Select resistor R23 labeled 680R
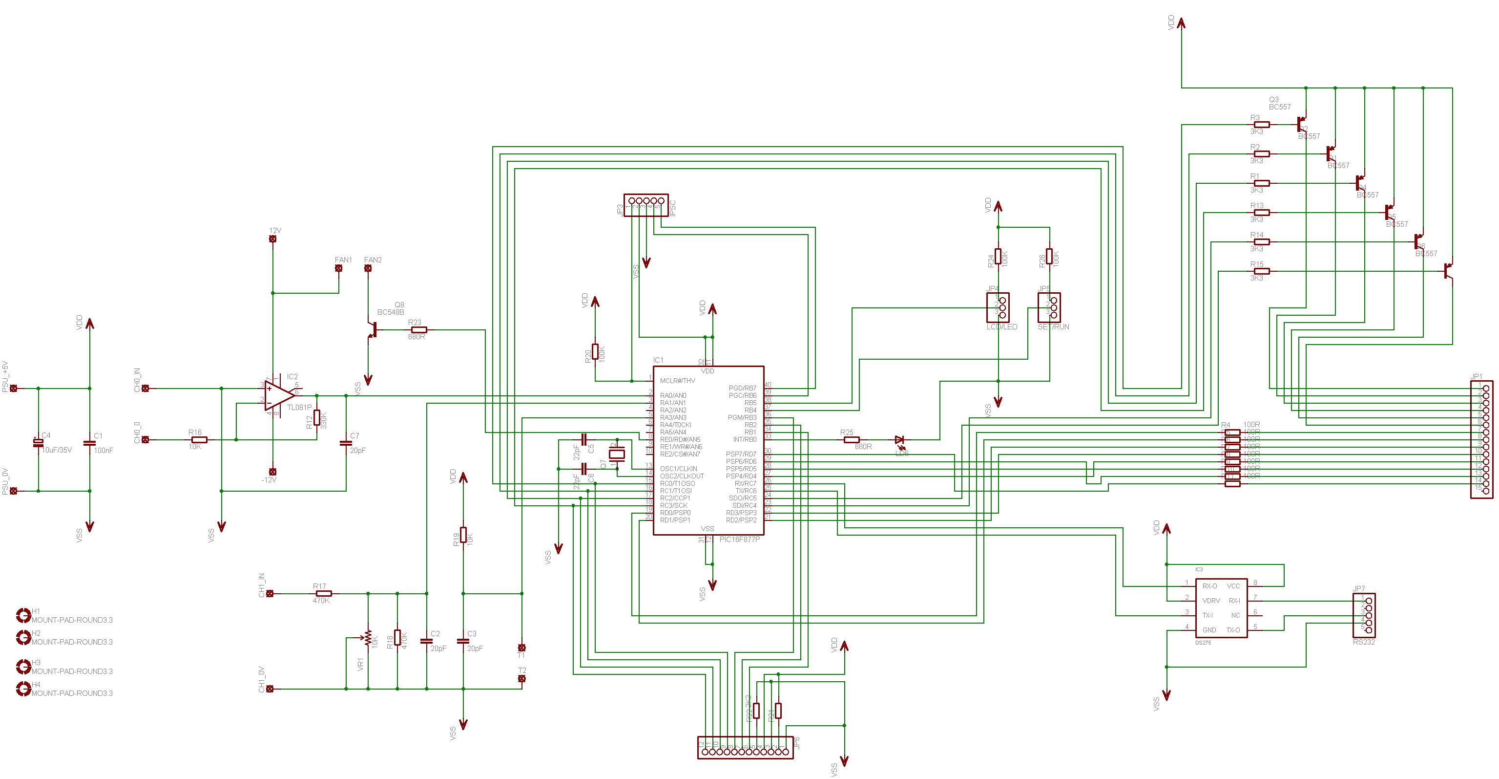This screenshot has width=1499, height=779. click(x=419, y=329)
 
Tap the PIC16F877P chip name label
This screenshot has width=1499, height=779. click(x=740, y=539)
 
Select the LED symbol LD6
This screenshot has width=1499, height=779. click(x=899, y=439)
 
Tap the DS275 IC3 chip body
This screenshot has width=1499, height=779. click(x=1221, y=608)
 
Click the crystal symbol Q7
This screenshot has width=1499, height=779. click(x=616, y=454)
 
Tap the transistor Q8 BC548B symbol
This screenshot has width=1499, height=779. click(x=373, y=329)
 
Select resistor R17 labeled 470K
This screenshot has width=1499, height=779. click(x=323, y=593)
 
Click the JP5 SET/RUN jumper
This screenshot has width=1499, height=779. click(x=1049, y=307)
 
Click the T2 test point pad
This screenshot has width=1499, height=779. click(x=521, y=679)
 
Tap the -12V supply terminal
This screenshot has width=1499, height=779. click(x=272, y=472)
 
